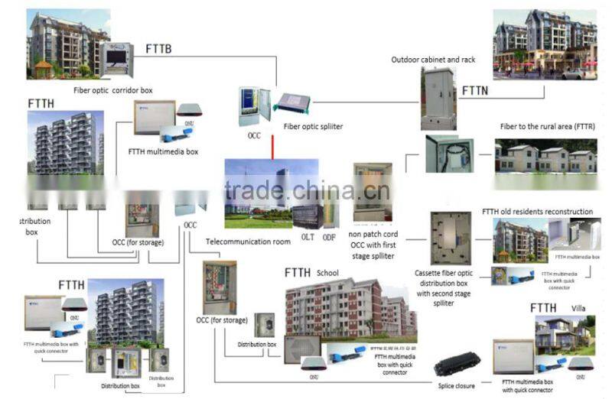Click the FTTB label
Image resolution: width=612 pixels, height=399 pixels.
(158, 50)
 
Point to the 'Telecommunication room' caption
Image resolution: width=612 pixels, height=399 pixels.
(248, 242)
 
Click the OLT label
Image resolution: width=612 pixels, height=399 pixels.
(308, 238)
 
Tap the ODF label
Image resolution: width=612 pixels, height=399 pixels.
(329, 238)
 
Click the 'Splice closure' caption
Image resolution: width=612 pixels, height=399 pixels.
(456, 386)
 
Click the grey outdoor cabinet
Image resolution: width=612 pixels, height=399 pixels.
(438, 98)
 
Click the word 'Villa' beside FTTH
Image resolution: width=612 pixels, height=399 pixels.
(578, 309)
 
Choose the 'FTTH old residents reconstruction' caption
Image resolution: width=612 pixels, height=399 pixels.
(537, 212)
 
